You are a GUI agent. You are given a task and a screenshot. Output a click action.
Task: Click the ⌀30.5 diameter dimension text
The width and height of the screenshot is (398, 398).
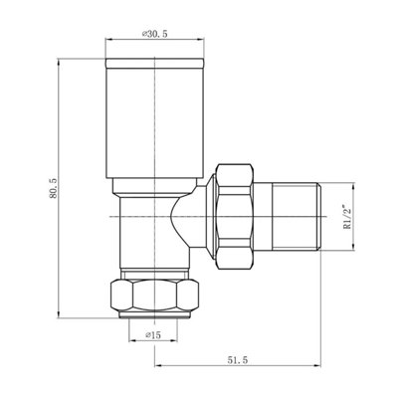[x=154, y=34]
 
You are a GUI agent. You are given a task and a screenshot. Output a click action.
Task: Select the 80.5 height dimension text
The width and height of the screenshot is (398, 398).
[x=54, y=188]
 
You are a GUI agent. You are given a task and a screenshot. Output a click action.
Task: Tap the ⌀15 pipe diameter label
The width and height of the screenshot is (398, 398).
[x=153, y=335]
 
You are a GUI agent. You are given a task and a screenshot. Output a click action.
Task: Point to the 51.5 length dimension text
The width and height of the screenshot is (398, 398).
[x=238, y=360]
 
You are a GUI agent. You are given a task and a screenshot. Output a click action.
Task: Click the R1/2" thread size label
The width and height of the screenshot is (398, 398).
[x=347, y=216]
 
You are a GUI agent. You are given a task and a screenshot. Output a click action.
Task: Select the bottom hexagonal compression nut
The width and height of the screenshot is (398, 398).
[x=155, y=296]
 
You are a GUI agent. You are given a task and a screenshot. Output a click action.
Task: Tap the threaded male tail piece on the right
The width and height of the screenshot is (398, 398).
[x=297, y=216]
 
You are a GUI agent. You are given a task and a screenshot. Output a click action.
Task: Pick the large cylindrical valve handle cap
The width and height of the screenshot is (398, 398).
[x=154, y=118]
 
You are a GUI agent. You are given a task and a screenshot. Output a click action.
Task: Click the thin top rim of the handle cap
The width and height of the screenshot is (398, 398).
[x=154, y=64]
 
